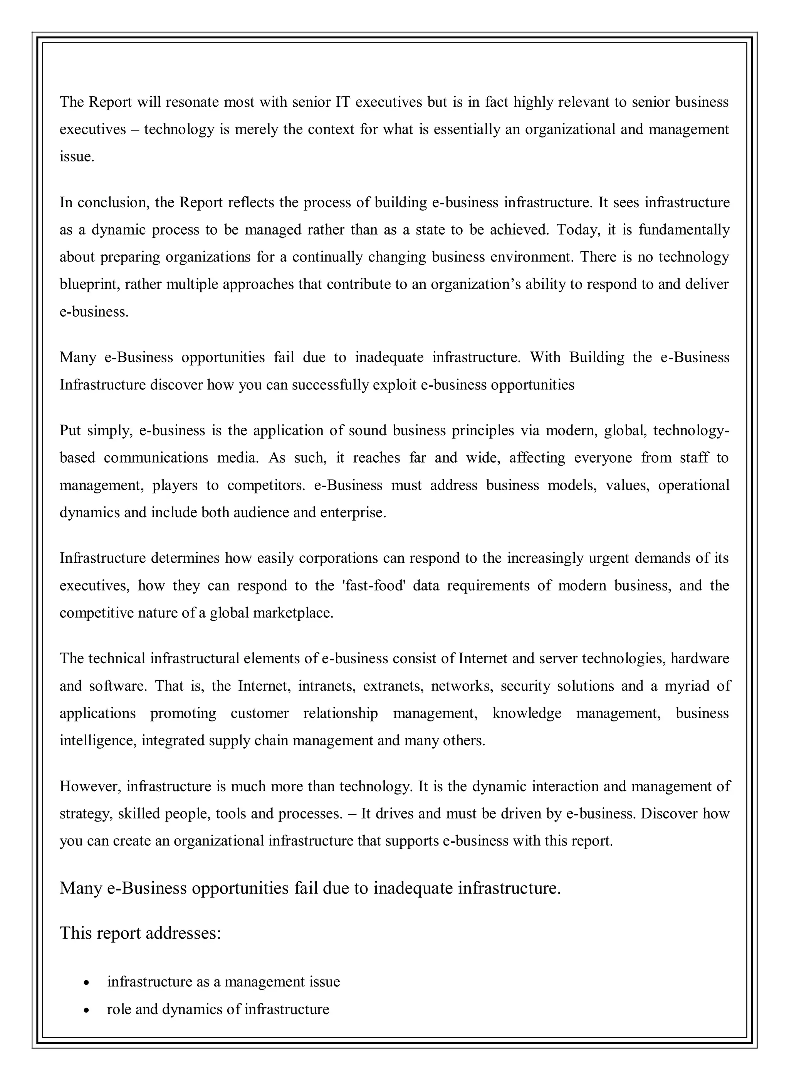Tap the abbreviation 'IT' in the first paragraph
343,102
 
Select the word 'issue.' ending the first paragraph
77,157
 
